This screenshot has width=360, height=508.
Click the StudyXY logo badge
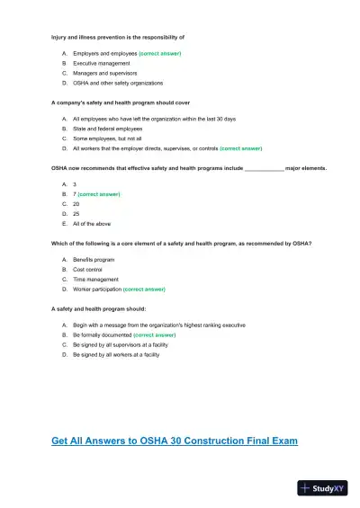[x=321, y=488]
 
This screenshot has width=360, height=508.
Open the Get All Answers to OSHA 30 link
[x=175, y=441]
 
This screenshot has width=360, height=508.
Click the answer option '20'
[x=76, y=204]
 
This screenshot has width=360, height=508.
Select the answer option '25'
[x=76, y=214]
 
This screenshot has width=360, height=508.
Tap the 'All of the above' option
[x=91, y=224]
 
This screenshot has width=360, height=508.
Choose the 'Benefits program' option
[x=94, y=259]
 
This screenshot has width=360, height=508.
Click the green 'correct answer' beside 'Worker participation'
[x=144, y=290]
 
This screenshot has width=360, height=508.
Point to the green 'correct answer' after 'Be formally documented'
[x=154, y=334]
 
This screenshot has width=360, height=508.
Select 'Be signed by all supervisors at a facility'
[x=122, y=344]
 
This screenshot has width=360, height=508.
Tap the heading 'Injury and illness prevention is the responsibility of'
[x=119, y=37]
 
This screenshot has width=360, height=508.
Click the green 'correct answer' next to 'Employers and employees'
[x=160, y=54]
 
